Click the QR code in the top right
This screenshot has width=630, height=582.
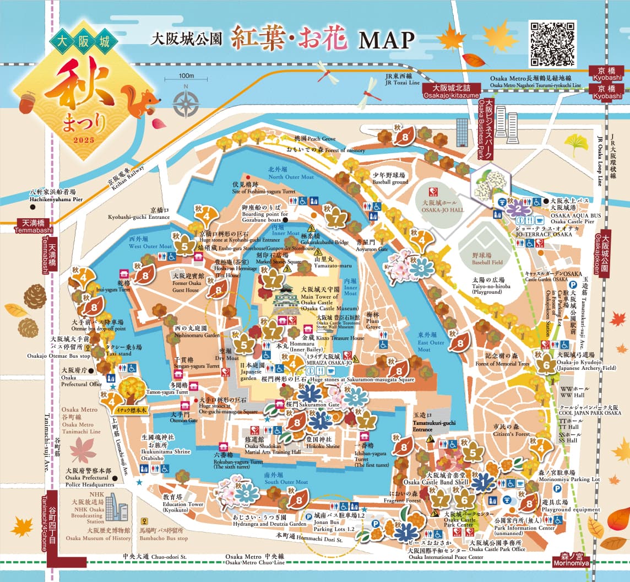click(552, 44)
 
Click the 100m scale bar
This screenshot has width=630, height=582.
click(186, 78)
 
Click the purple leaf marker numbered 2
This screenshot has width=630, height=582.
click(518, 208)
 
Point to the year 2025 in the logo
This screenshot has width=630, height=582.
click(83, 140)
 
